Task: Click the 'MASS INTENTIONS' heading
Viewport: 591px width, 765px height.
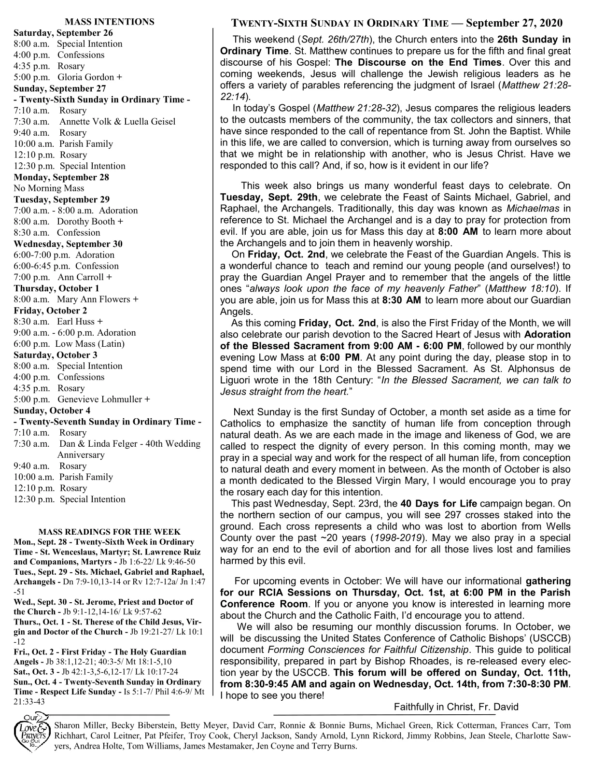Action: point(110,22)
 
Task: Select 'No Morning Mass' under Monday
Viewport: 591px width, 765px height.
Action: point(49,188)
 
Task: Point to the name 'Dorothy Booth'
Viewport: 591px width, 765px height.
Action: point(86,222)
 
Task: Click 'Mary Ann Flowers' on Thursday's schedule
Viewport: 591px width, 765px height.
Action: point(94,299)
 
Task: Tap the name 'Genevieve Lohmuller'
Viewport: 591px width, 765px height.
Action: point(100,399)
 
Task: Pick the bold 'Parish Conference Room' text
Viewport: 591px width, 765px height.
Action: point(264,598)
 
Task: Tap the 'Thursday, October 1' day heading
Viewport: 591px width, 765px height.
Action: point(56,288)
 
